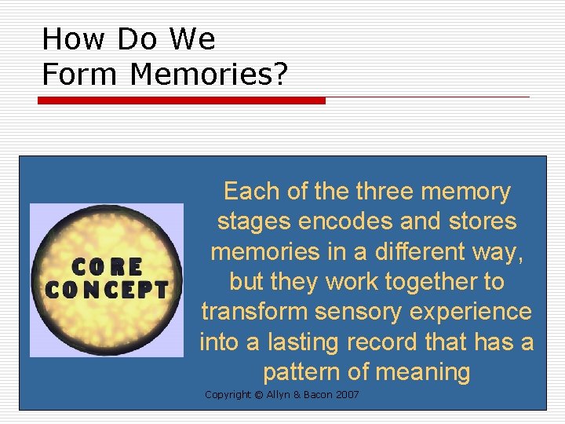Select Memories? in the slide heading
point(210,75)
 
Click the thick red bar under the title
point(182,101)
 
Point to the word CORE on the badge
point(107,266)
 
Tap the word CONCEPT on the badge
point(107,290)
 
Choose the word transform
point(254,312)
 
